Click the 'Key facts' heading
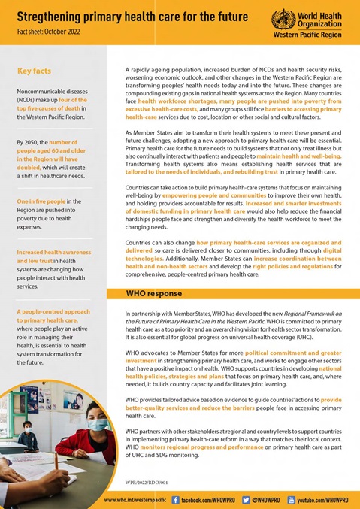coord(35,71)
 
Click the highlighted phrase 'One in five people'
coord(42,201)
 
